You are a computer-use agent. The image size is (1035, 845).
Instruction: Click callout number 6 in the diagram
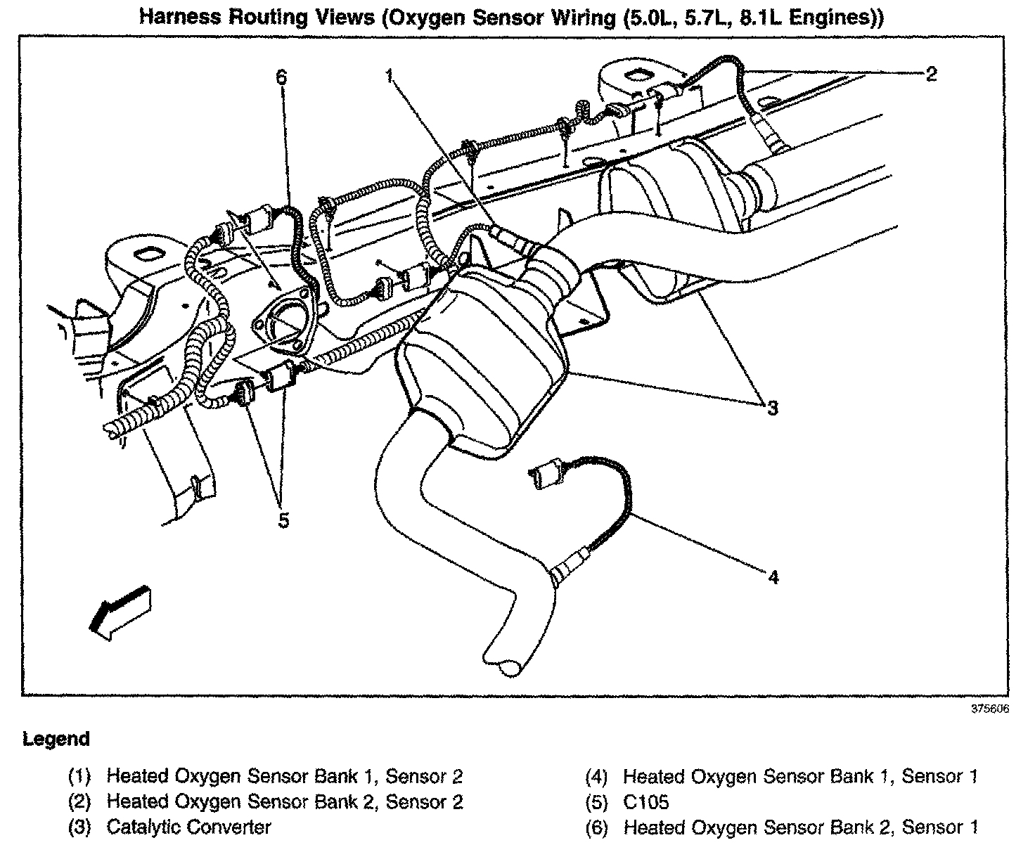pos(281,76)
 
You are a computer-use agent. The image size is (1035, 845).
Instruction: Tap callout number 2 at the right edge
pos(931,74)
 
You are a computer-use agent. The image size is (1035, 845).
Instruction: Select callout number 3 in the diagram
pos(772,407)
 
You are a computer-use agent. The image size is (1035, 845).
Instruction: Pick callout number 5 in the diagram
pos(283,521)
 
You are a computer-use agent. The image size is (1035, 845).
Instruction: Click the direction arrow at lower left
pos(120,611)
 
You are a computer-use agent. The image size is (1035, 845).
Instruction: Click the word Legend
pos(56,739)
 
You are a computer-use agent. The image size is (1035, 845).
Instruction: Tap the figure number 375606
pos(990,709)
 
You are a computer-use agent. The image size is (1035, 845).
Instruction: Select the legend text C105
pos(645,801)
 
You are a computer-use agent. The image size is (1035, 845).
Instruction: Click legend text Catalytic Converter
pos(188,827)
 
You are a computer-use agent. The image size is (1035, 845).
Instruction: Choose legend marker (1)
pos(79,777)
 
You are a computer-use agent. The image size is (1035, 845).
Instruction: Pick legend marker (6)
pos(597,827)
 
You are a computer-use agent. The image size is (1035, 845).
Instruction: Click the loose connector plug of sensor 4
pos(545,474)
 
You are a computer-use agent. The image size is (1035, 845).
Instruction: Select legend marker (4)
pos(597,777)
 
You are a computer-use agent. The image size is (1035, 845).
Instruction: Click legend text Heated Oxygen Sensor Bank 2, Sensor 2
pos(284,801)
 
